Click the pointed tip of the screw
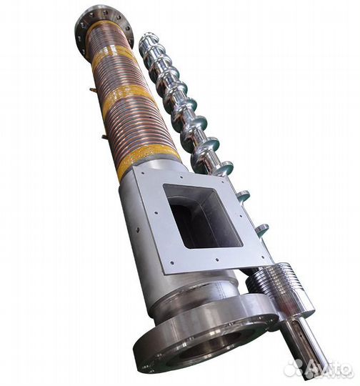pos(145,35)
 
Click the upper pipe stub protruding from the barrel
pos(91,89)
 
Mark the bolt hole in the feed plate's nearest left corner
pos(172,263)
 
